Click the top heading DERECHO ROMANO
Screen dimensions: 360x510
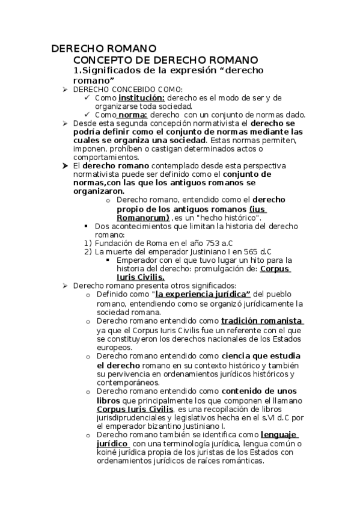(x=103, y=48)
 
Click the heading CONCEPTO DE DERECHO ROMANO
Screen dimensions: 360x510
(x=165, y=60)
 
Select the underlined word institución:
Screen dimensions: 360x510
(x=141, y=97)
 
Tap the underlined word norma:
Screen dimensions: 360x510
(x=132, y=115)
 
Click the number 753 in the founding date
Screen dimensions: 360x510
(x=213, y=242)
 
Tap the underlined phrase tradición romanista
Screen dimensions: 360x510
(x=262, y=321)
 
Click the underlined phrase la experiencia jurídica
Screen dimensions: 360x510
(x=203, y=295)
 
